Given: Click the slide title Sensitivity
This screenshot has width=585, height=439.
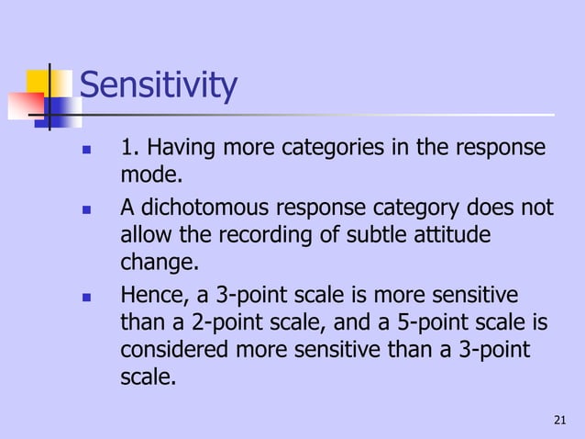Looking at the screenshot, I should point(159,87).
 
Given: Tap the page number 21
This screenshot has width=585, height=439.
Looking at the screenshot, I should point(561,421).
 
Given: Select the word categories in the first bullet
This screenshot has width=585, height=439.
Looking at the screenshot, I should point(340,148).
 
